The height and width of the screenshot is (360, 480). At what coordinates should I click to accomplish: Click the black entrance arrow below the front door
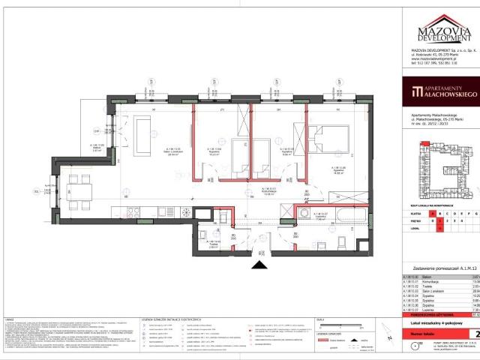pyautogui.click(x=260, y=263)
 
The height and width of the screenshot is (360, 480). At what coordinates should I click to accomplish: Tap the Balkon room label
pyautogui.click(x=97, y=148)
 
